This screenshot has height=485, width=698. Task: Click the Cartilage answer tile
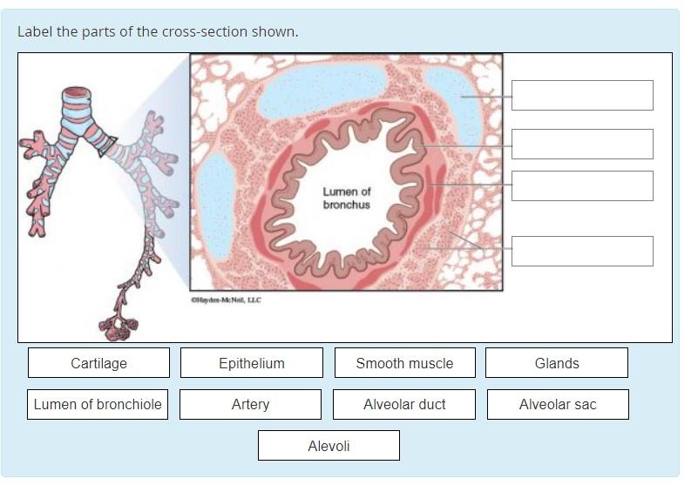[98, 363]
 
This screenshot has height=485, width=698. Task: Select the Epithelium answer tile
[251, 363]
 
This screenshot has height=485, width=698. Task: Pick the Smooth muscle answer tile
[404, 363]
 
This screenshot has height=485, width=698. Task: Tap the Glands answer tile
[556, 363]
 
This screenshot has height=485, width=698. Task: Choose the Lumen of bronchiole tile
[98, 404]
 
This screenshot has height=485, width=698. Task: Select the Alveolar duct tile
[404, 404]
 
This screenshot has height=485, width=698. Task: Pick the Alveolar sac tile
[557, 404]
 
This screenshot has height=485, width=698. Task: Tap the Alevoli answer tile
[329, 446]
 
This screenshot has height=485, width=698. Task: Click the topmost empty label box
[582, 96]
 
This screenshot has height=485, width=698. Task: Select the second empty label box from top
[582, 145]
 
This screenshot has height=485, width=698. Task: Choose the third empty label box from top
[582, 185]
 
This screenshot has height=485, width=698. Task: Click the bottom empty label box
[582, 251]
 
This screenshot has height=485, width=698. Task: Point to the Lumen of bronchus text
[346, 198]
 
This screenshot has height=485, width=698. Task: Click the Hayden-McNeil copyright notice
[226, 300]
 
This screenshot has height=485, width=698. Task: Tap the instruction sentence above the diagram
[158, 32]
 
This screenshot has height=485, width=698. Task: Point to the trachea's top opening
[77, 92]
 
